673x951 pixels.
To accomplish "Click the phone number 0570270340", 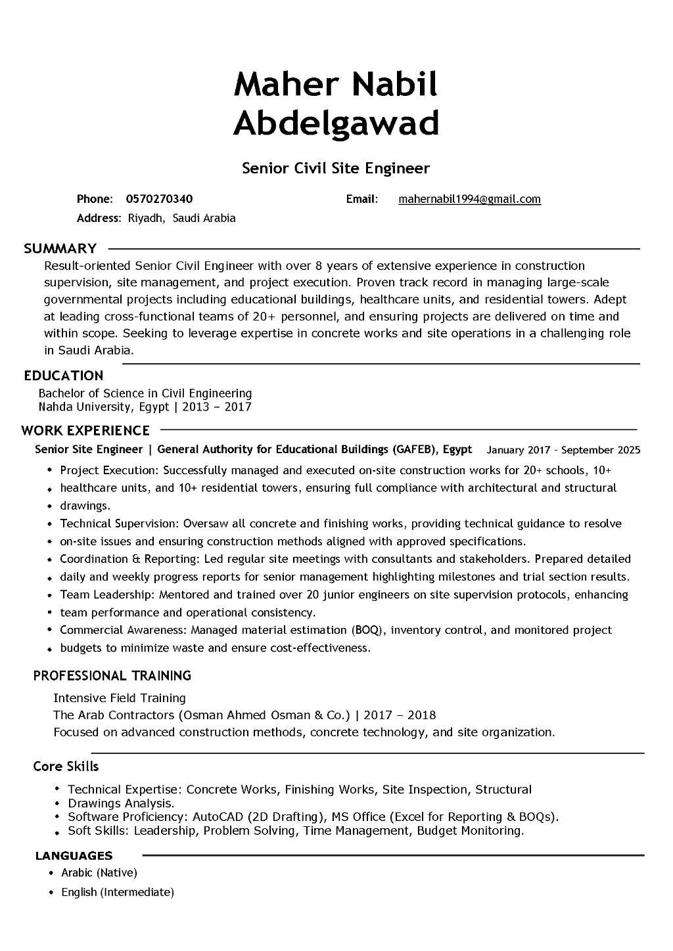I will point(159,199).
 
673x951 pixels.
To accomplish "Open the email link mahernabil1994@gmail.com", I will point(469,199).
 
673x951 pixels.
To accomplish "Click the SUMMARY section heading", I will point(60,248).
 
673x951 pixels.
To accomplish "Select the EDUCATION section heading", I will point(64,376).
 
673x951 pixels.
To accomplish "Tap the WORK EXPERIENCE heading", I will point(85,430).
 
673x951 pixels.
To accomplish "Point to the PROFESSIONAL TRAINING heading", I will point(112,675).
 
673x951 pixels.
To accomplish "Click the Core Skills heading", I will point(66,766).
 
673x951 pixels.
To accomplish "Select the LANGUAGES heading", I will point(74,855).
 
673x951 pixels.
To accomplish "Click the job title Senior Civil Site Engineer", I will point(336,168).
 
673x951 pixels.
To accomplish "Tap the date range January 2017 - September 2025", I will point(563,450).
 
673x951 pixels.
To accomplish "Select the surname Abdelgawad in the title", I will point(336,123).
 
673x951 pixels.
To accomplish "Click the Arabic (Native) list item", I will point(99,873).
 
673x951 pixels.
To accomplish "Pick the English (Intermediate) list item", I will point(118,892).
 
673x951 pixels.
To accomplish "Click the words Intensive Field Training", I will point(120,697).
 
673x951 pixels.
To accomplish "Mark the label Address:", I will point(99,218).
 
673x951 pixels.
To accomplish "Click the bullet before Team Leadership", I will point(50,595).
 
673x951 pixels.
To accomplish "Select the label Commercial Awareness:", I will point(124,630).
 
